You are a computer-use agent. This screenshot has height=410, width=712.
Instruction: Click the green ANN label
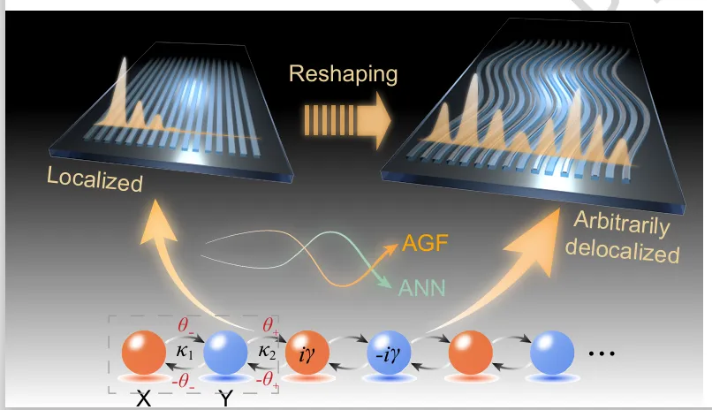[423, 285]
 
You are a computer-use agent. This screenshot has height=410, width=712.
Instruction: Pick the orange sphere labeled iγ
[307, 354]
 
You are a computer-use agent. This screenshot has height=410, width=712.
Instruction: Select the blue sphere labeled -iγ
[389, 355]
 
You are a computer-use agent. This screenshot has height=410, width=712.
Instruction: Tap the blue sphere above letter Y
[226, 354]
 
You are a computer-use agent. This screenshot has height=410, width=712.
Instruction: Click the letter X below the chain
[143, 399]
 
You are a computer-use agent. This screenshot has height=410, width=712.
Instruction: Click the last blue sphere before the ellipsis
[553, 354]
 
